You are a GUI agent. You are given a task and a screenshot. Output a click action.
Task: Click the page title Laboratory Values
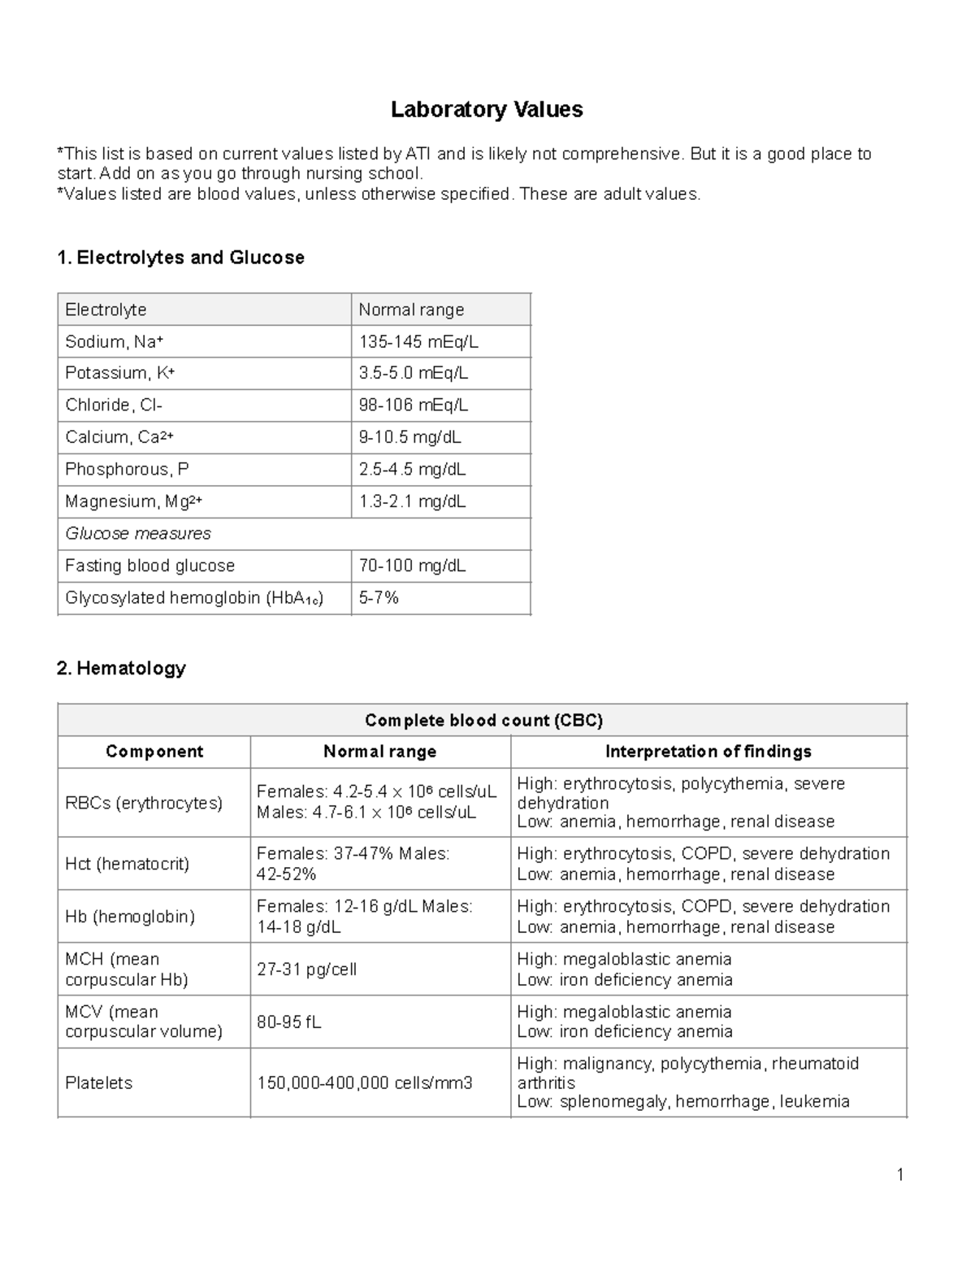pos(487,110)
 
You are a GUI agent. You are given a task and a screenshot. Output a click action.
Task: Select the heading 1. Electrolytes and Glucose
pos(180,258)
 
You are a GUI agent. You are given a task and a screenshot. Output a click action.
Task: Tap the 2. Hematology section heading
pos(121,668)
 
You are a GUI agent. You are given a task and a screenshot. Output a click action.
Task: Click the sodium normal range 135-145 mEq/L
pos(418,341)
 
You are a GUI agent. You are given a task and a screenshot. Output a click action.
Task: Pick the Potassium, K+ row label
pos(119,373)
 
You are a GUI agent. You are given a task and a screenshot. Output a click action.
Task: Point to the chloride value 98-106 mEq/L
pos(414,405)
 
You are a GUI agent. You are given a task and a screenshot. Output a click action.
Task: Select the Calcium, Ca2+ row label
pos(119,437)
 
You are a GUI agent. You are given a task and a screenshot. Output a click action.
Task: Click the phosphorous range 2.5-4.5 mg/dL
pos(412,469)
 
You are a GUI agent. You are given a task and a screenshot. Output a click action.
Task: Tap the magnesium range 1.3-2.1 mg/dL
pos(412,501)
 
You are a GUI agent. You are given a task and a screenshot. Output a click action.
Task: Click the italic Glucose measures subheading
pos(137,533)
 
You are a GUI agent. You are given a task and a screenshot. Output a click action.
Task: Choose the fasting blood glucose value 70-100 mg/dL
pos(412,566)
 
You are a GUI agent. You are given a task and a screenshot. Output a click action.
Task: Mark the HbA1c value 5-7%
pos(379,597)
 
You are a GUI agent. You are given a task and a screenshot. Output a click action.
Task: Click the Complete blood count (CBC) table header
pos(483,720)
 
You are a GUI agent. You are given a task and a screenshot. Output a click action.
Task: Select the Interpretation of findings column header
pos(708,752)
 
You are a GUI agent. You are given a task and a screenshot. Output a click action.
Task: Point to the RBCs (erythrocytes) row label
pos(144,803)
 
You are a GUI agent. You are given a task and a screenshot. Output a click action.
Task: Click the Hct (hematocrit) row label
pos(127,864)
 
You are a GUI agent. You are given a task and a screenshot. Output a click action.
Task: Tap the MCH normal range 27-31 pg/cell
pos(306,969)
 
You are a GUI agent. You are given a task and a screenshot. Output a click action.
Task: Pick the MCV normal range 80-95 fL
pos(289,1022)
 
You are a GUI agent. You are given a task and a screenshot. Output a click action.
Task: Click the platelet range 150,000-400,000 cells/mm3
pos(365,1082)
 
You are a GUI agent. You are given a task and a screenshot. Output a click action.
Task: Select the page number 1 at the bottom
pos(899,1174)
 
